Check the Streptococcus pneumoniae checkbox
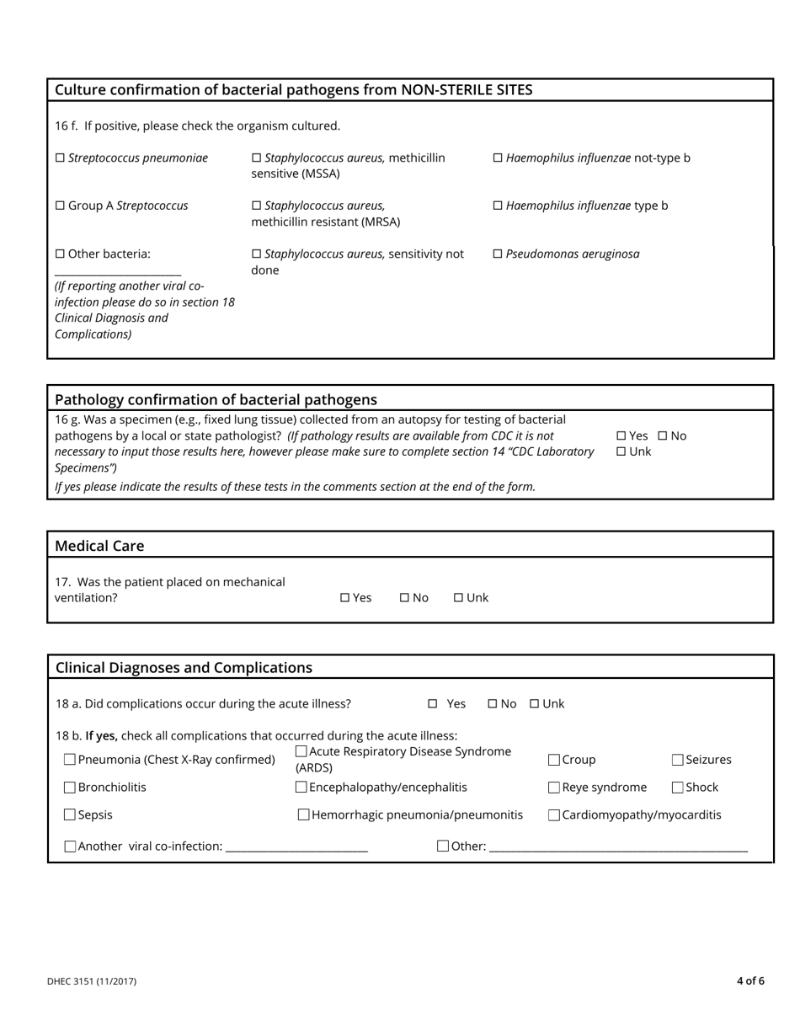(x=60, y=158)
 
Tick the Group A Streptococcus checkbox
(x=60, y=206)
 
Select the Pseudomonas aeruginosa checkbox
(x=497, y=254)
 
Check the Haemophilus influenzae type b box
(x=497, y=206)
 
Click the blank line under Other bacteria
(x=118, y=271)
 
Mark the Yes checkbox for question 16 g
(x=621, y=436)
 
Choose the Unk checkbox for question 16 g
(x=621, y=452)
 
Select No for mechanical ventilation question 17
(x=404, y=598)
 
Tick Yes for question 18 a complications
(x=433, y=704)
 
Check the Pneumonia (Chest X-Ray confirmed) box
(x=70, y=760)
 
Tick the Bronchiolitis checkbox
(x=70, y=788)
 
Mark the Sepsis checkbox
(x=70, y=815)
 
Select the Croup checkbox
(x=554, y=760)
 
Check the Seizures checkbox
(x=678, y=760)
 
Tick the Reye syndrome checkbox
(x=554, y=788)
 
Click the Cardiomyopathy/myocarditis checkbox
(x=554, y=815)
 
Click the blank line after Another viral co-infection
(x=297, y=847)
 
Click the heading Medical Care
(x=99, y=546)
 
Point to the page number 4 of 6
(x=750, y=981)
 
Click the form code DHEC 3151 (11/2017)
(x=92, y=981)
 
